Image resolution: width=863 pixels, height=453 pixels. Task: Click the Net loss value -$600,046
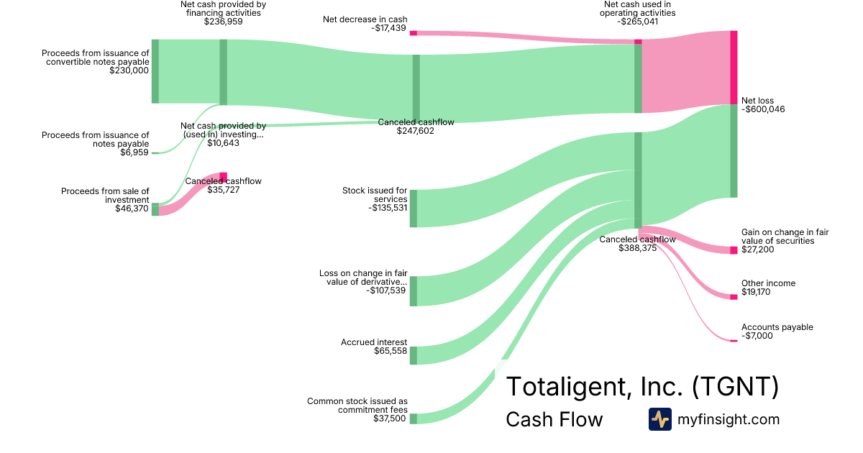pyautogui.click(x=763, y=109)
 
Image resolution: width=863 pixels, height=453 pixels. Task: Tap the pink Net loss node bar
pyautogui.click(x=734, y=68)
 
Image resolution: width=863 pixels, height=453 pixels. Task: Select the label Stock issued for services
pyautogui.click(x=375, y=194)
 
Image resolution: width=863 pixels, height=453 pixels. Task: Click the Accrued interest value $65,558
pyautogui.click(x=391, y=351)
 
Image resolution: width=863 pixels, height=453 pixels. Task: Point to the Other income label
pyautogui.click(x=768, y=283)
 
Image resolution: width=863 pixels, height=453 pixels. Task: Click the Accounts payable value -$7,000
pyautogui.click(x=757, y=336)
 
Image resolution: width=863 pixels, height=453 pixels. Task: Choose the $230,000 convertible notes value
pyautogui.click(x=129, y=70)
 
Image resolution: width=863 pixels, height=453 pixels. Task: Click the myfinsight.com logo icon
pyautogui.click(x=659, y=419)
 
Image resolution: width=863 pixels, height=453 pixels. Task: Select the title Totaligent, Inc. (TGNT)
pyautogui.click(x=642, y=387)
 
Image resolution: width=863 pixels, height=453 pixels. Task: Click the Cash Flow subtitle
pyautogui.click(x=554, y=419)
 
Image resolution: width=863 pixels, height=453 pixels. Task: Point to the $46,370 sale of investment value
pyautogui.click(x=132, y=209)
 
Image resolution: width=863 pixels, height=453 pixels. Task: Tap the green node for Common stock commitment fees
pyautogui.click(x=414, y=418)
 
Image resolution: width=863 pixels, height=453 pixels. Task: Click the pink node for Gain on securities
pyautogui.click(x=734, y=250)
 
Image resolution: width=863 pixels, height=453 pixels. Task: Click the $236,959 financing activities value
pyautogui.click(x=223, y=22)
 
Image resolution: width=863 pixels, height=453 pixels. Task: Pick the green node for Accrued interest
pyautogui.click(x=414, y=355)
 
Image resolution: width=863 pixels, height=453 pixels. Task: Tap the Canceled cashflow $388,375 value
pyautogui.click(x=638, y=248)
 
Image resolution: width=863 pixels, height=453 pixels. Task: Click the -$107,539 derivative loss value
pyautogui.click(x=385, y=290)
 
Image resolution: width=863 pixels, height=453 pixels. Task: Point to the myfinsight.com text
pyautogui.click(x=729, y=419)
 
